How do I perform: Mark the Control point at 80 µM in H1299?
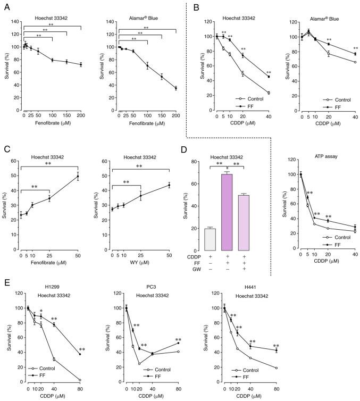tap(80, 380)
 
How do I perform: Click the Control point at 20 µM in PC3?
tap(139, 364)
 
